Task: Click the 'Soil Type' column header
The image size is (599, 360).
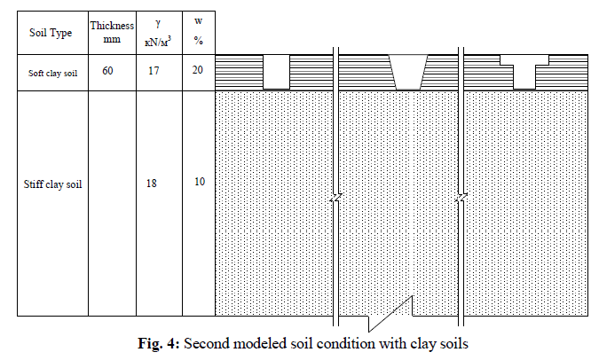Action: [x=53, y=33]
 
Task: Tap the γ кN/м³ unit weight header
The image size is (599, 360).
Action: [x=159, y=33]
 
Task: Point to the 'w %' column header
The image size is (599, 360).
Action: [x=198, y=32]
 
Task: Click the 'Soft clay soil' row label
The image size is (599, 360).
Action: [x=52, y=73]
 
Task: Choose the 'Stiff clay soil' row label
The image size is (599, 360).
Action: [x=52, y=186]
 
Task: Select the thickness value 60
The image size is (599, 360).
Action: [x=107, y=70]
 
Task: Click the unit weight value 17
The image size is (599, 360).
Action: [x=153, y=70]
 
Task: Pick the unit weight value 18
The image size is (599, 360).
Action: [x=153, y=184]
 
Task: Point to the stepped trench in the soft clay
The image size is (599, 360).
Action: [x=525, y=73]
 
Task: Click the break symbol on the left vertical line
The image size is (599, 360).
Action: [x=335, y=200]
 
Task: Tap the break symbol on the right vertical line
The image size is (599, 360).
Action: [x=461, y=198]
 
